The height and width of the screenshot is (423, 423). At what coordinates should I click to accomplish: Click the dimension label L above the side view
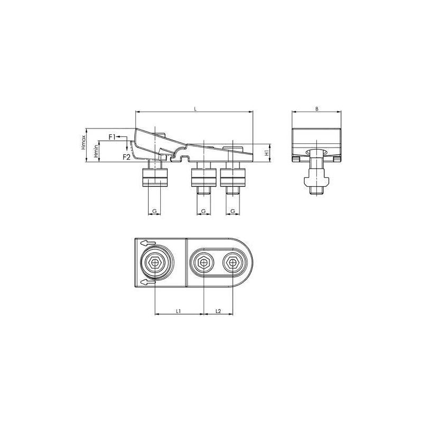point(195,108)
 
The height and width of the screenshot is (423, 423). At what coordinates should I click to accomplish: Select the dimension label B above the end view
point(316,108)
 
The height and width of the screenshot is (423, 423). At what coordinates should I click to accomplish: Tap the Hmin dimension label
point(96,151)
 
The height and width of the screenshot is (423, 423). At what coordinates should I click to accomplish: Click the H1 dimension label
point(268,152)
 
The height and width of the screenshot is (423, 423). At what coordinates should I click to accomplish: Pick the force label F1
point(112,137)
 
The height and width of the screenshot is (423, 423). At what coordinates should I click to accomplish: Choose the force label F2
point(126,157)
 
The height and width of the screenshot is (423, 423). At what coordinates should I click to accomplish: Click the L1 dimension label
point(179,311)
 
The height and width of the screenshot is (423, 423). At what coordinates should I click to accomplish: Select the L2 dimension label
point(218,311)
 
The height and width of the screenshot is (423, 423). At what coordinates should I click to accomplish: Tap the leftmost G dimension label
point(154,212)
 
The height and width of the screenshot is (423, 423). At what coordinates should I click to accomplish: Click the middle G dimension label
point(204,212)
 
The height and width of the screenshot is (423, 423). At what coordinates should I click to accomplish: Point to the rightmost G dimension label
point(233,212)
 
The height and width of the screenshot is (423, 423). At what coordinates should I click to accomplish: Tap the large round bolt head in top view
point(155,262)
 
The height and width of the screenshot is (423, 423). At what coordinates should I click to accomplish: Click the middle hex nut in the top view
point(204,262)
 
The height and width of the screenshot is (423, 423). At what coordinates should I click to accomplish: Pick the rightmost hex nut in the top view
point(232,262)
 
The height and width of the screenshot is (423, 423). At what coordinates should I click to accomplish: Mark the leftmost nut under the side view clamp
point(154,178)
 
